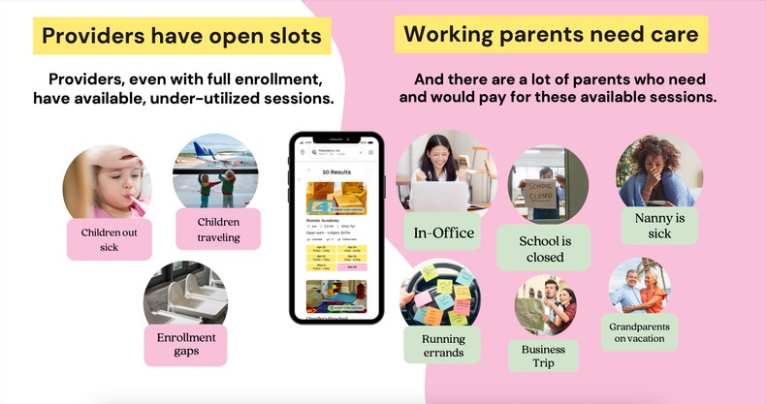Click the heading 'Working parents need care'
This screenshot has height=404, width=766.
[x=551, y=35]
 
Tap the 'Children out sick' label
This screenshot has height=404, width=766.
[x=109, y=239]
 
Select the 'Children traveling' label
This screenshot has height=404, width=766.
[x=218, y=230]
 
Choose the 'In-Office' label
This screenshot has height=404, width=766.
[x=444, y=233]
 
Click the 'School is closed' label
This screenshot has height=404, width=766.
[x=545, y=249]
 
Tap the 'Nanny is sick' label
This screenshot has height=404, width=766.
[x=659, y=226]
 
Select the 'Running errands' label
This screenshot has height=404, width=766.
[x=444, y=346]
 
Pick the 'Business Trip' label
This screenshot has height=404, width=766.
[x=543, y=356]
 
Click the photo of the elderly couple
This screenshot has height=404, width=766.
[x=639, y=283]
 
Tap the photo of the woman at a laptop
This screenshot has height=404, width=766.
[x=443, y=171]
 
